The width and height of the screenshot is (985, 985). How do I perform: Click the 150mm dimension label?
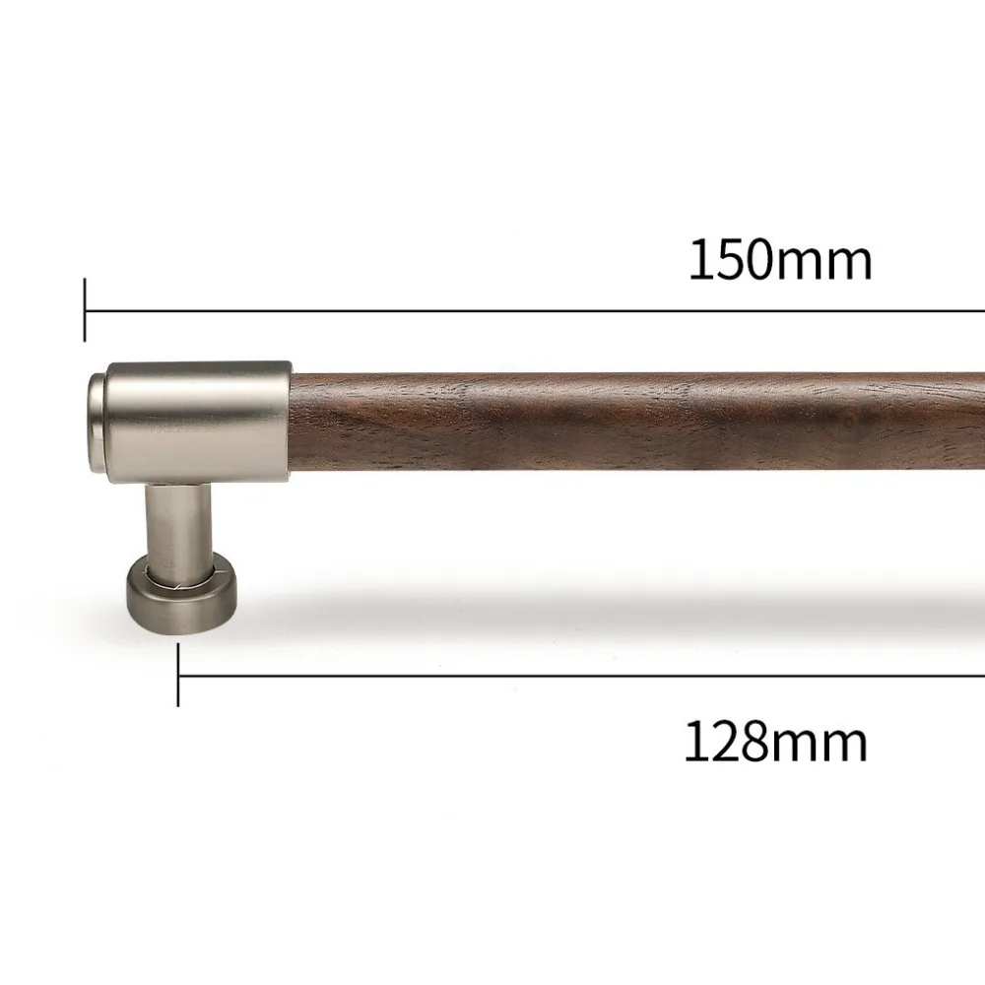(x=780, y=260)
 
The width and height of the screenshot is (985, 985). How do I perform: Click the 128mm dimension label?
(x=776, y=742)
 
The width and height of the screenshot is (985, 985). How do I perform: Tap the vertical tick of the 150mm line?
(x=85, y=310)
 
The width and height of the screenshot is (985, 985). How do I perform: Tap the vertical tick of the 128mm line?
(x=178, y=676)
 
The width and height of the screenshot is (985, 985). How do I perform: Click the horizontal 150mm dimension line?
(x=535, y=310)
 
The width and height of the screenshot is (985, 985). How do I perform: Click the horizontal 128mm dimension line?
(x=582, y=677)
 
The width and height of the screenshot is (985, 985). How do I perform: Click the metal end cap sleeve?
(x=199, y=423)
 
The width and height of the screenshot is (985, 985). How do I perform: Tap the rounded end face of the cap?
(x=97, y=423)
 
